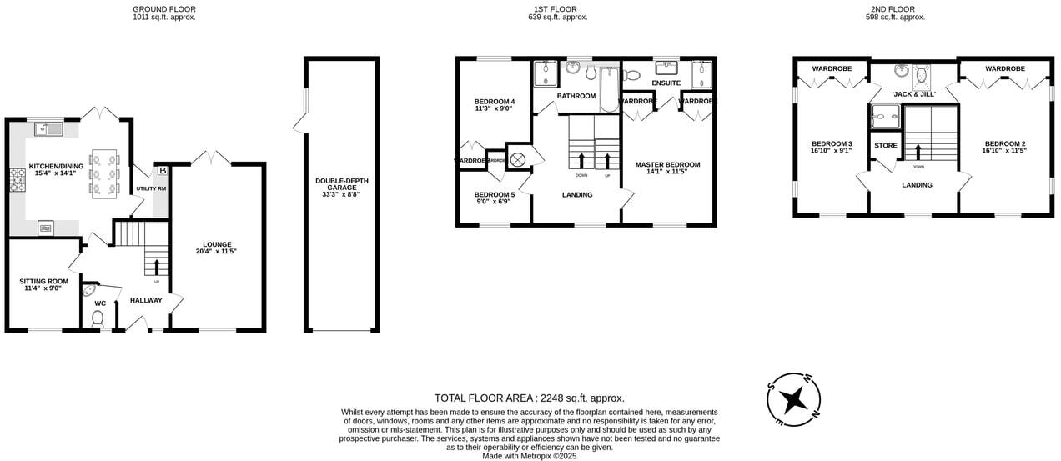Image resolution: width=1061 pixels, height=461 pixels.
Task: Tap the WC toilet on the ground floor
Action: (x=98, y=318)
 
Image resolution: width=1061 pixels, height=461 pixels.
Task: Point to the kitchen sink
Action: (x=50, y=128)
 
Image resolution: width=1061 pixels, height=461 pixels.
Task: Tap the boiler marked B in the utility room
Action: (x=162, y=170)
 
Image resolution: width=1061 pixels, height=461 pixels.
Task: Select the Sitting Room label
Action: (x=44, y=284)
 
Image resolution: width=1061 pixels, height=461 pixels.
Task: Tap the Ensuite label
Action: (x=666, y=83)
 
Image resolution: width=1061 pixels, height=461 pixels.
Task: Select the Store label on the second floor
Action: (x=886, y=146)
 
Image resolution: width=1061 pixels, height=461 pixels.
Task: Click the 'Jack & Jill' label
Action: (x=914, y=94)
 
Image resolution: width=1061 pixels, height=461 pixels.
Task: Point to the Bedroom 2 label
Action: (x=1004, y=147)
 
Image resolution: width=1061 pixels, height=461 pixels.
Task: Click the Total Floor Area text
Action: (x=529, y=398)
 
